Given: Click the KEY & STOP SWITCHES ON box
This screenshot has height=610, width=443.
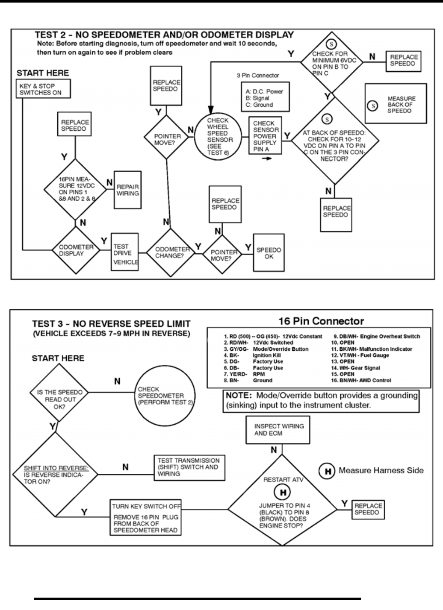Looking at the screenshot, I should [43, 89].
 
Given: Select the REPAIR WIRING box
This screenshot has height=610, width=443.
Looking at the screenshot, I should [127, 190].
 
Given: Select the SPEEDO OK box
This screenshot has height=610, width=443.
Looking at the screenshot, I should [268, 253].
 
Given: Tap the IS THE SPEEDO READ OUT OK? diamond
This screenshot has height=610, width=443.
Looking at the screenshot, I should [59, 399].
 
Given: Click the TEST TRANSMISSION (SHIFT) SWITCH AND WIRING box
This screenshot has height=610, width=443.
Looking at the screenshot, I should [189, 467].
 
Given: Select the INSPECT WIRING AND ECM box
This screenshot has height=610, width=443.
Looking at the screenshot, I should [279, 430].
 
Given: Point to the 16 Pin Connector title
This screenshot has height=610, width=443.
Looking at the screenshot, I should [321, 321].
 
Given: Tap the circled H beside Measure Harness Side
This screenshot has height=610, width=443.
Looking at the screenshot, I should [328, 471].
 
